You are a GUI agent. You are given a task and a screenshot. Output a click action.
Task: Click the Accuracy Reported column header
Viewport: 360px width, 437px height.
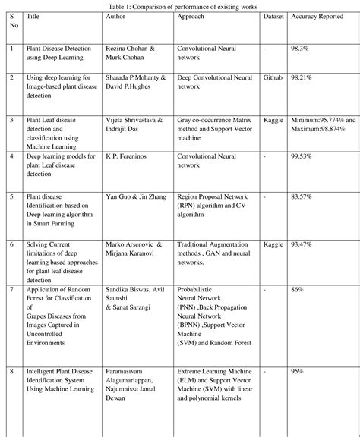click(x=317, y=15)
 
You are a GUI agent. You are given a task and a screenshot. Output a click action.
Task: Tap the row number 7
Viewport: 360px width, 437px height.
click(x=11, y=290)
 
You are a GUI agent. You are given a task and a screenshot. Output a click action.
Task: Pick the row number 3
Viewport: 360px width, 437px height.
click(x=11, y=120)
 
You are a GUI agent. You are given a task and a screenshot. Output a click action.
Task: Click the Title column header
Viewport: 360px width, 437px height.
click(x=33, y=15)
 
